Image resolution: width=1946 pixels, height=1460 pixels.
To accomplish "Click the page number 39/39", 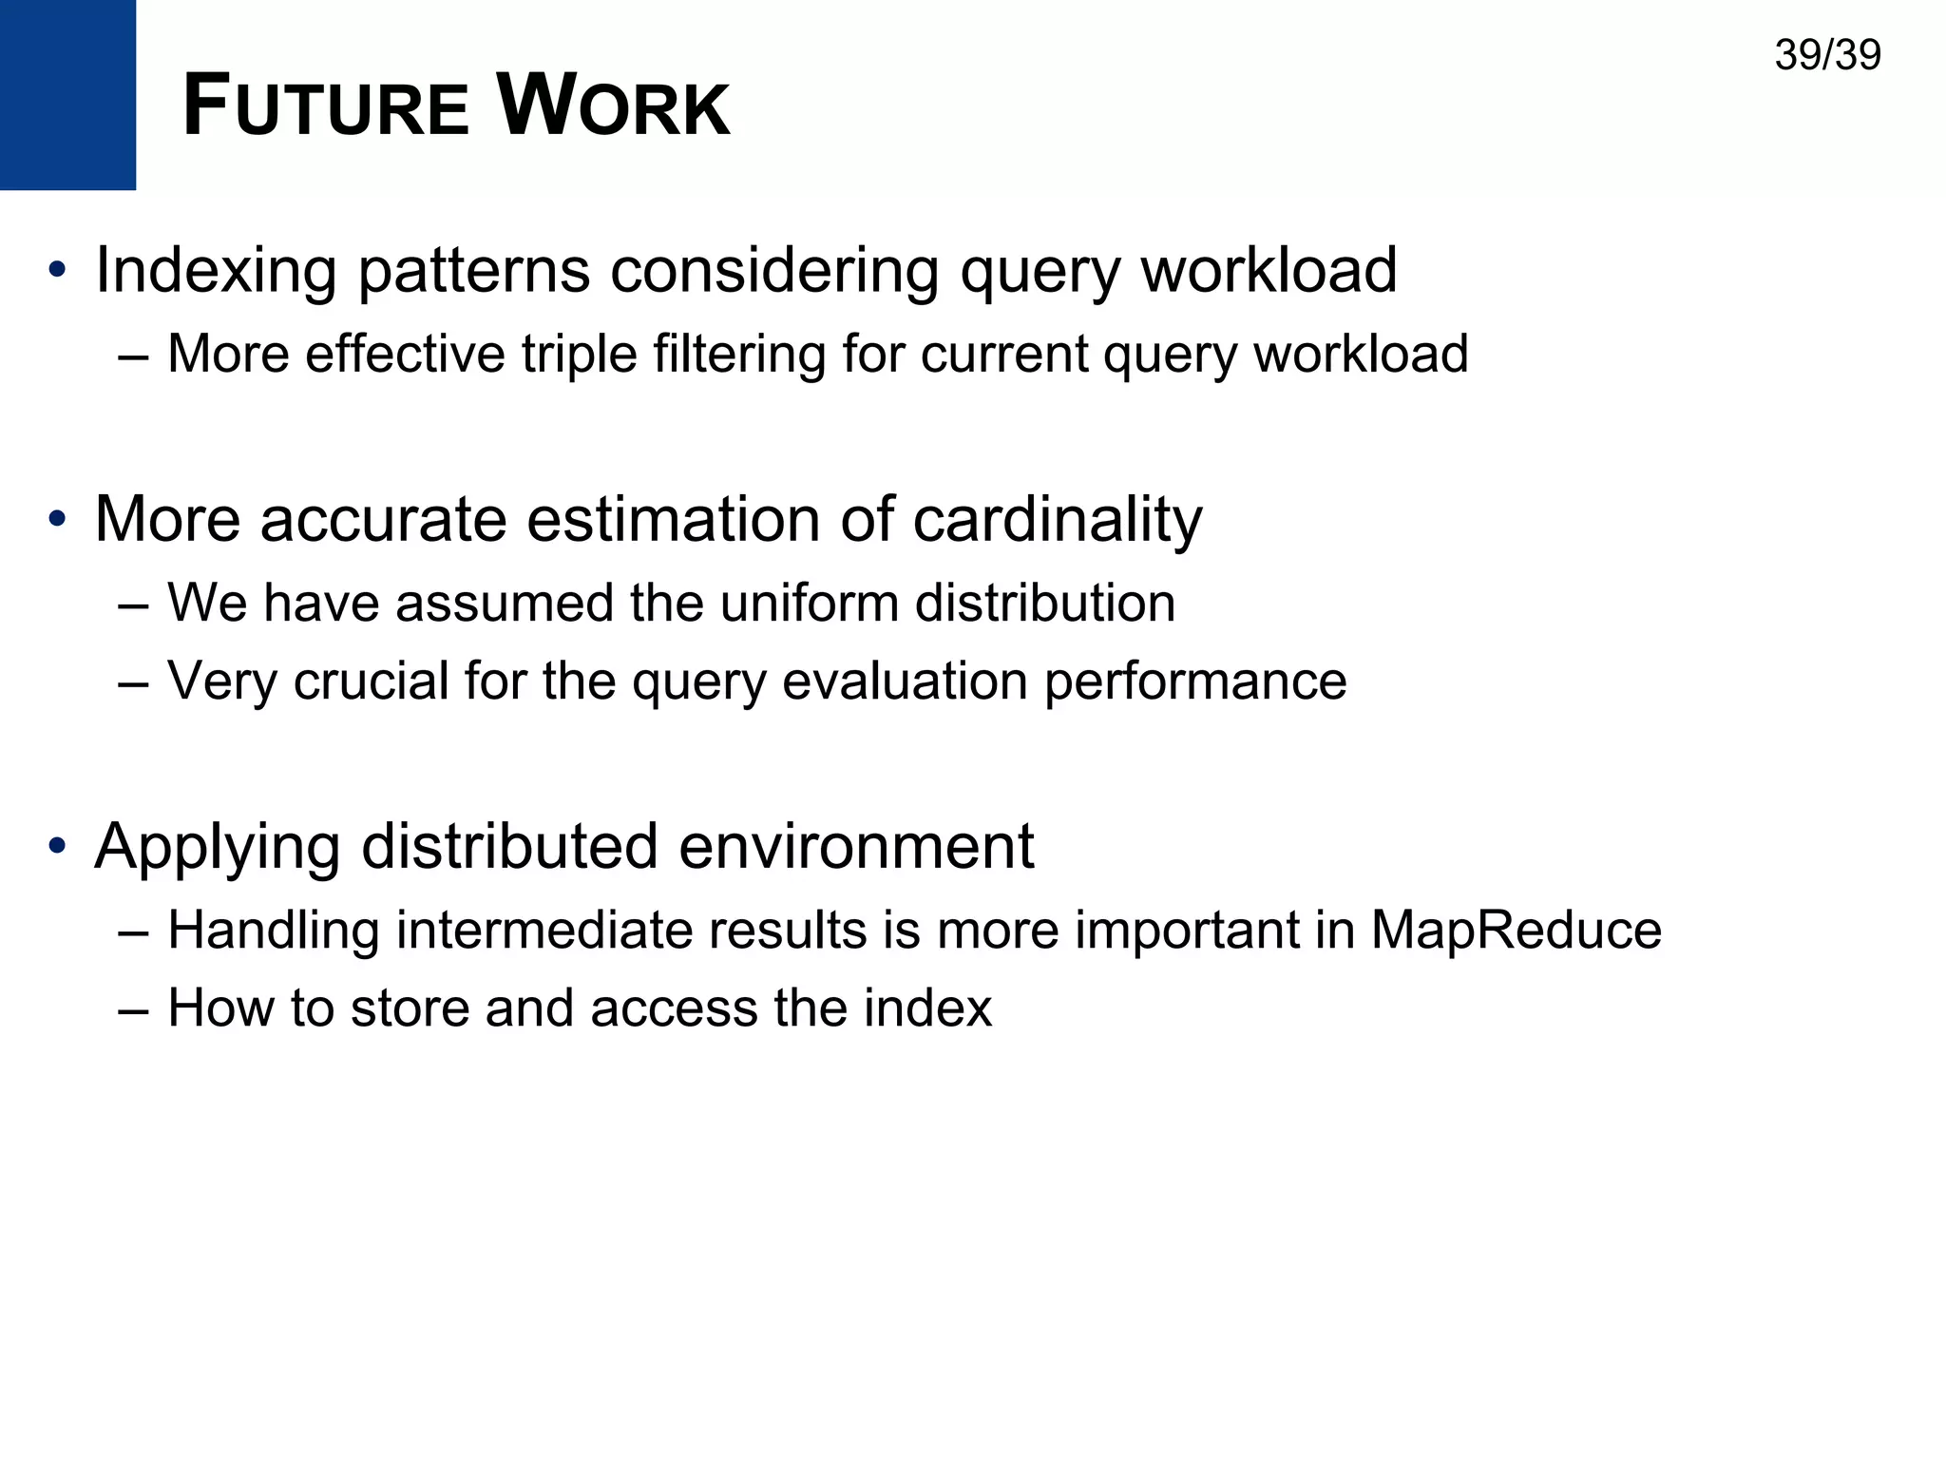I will [1826, 56].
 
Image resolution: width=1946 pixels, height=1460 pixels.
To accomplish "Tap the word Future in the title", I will [325, 106].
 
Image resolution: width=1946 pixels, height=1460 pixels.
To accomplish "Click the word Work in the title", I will [613, 106].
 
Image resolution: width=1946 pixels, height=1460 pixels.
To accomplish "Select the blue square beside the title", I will [67, 94].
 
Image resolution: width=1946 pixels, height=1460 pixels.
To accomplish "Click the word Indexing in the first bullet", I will [216, 272].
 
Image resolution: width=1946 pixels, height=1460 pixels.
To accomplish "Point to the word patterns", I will [473, 272].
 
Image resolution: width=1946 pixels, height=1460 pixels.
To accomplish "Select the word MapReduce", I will [1516, 931].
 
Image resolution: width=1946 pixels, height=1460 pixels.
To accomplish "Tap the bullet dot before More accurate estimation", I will [58, 520].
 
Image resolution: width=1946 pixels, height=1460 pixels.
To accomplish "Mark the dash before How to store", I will [133, 1010].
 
